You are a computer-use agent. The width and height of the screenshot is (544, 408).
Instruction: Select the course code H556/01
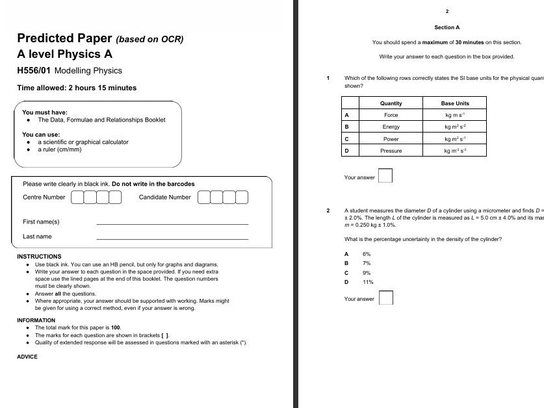pyautogui.click(x=34, y=71)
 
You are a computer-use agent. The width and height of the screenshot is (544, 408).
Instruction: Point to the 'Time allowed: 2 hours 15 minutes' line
pyautogui.click(x=77, y=88)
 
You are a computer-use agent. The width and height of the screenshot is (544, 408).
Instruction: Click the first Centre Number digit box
pyautogui.click(x=78, y=197)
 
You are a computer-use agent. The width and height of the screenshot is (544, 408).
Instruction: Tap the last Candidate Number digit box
pyautogui.click(x=242, y=197)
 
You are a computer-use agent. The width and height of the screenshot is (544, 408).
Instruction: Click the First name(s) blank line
pyautogui.click(x=172, y=223)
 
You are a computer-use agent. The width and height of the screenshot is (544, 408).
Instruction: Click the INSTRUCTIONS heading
pyautogui.click(x=39, y=257)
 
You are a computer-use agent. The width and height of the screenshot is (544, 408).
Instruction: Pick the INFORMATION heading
pyautogui.click(x=36, y=320)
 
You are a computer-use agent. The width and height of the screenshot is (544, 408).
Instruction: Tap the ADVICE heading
pyautogui.click(x=27, y=357)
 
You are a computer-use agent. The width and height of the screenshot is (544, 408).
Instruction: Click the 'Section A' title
pyautogui.click(x=447, y=28)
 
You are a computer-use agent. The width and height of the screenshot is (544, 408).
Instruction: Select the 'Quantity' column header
pyautogui.click(x=391, y=103)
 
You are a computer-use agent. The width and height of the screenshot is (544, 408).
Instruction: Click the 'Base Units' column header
pyautogui.click(x=455, y=103)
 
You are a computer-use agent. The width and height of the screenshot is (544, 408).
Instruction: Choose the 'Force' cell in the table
pyautogui.click(x=391, y=115)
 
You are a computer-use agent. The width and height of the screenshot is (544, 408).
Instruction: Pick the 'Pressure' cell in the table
pyautogui.click(x=391, y=151)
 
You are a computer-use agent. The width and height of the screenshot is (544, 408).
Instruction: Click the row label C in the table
pyautogui.click(x=346, y=139)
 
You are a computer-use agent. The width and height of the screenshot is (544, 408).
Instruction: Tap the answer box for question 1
pyautogui.click(x=385, y=176)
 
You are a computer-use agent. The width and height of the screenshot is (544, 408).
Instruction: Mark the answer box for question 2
pyautogui.click(x=385, y=298)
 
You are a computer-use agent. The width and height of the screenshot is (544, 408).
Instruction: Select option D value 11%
pyautogui.click(x=368, y=283)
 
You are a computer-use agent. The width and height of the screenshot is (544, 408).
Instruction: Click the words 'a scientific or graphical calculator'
pyautogui.click(x=83, y=142)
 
